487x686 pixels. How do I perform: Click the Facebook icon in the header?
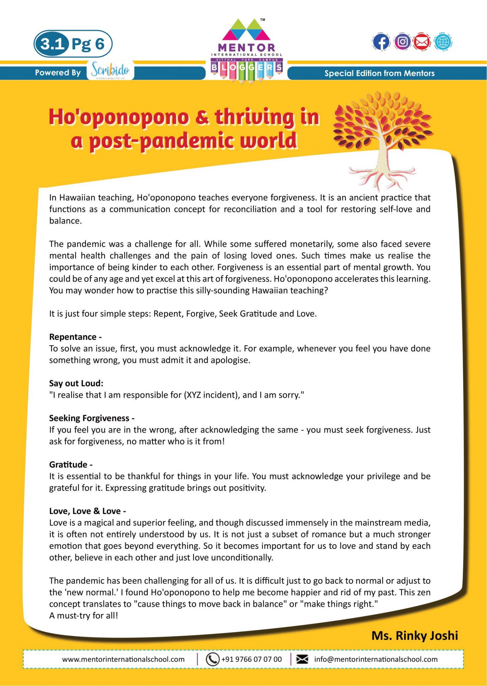[381, 42]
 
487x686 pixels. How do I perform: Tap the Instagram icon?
[402, 42]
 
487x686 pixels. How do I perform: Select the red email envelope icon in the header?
[422, 42]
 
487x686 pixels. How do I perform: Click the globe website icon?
[443, 42]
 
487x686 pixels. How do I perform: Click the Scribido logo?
[110, 70]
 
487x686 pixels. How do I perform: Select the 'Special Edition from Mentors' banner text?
[379, 73]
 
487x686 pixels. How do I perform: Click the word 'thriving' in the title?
[255, 117]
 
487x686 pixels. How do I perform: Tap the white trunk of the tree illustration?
[382, 154]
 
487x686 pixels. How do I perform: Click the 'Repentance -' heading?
[75, 337]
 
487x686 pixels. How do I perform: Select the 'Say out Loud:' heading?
[76, 383]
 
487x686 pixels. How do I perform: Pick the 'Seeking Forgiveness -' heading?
[92, 418]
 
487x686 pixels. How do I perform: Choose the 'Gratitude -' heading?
[71, 465]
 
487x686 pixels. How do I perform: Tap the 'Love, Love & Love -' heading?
[87, 511]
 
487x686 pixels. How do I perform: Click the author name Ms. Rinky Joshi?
[415, 635]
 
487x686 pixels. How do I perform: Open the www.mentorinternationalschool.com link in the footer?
[123, 659]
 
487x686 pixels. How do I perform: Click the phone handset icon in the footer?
[212, 659]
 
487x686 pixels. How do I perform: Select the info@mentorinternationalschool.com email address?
[376, 659]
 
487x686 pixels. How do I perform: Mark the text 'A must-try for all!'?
[84, 615]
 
